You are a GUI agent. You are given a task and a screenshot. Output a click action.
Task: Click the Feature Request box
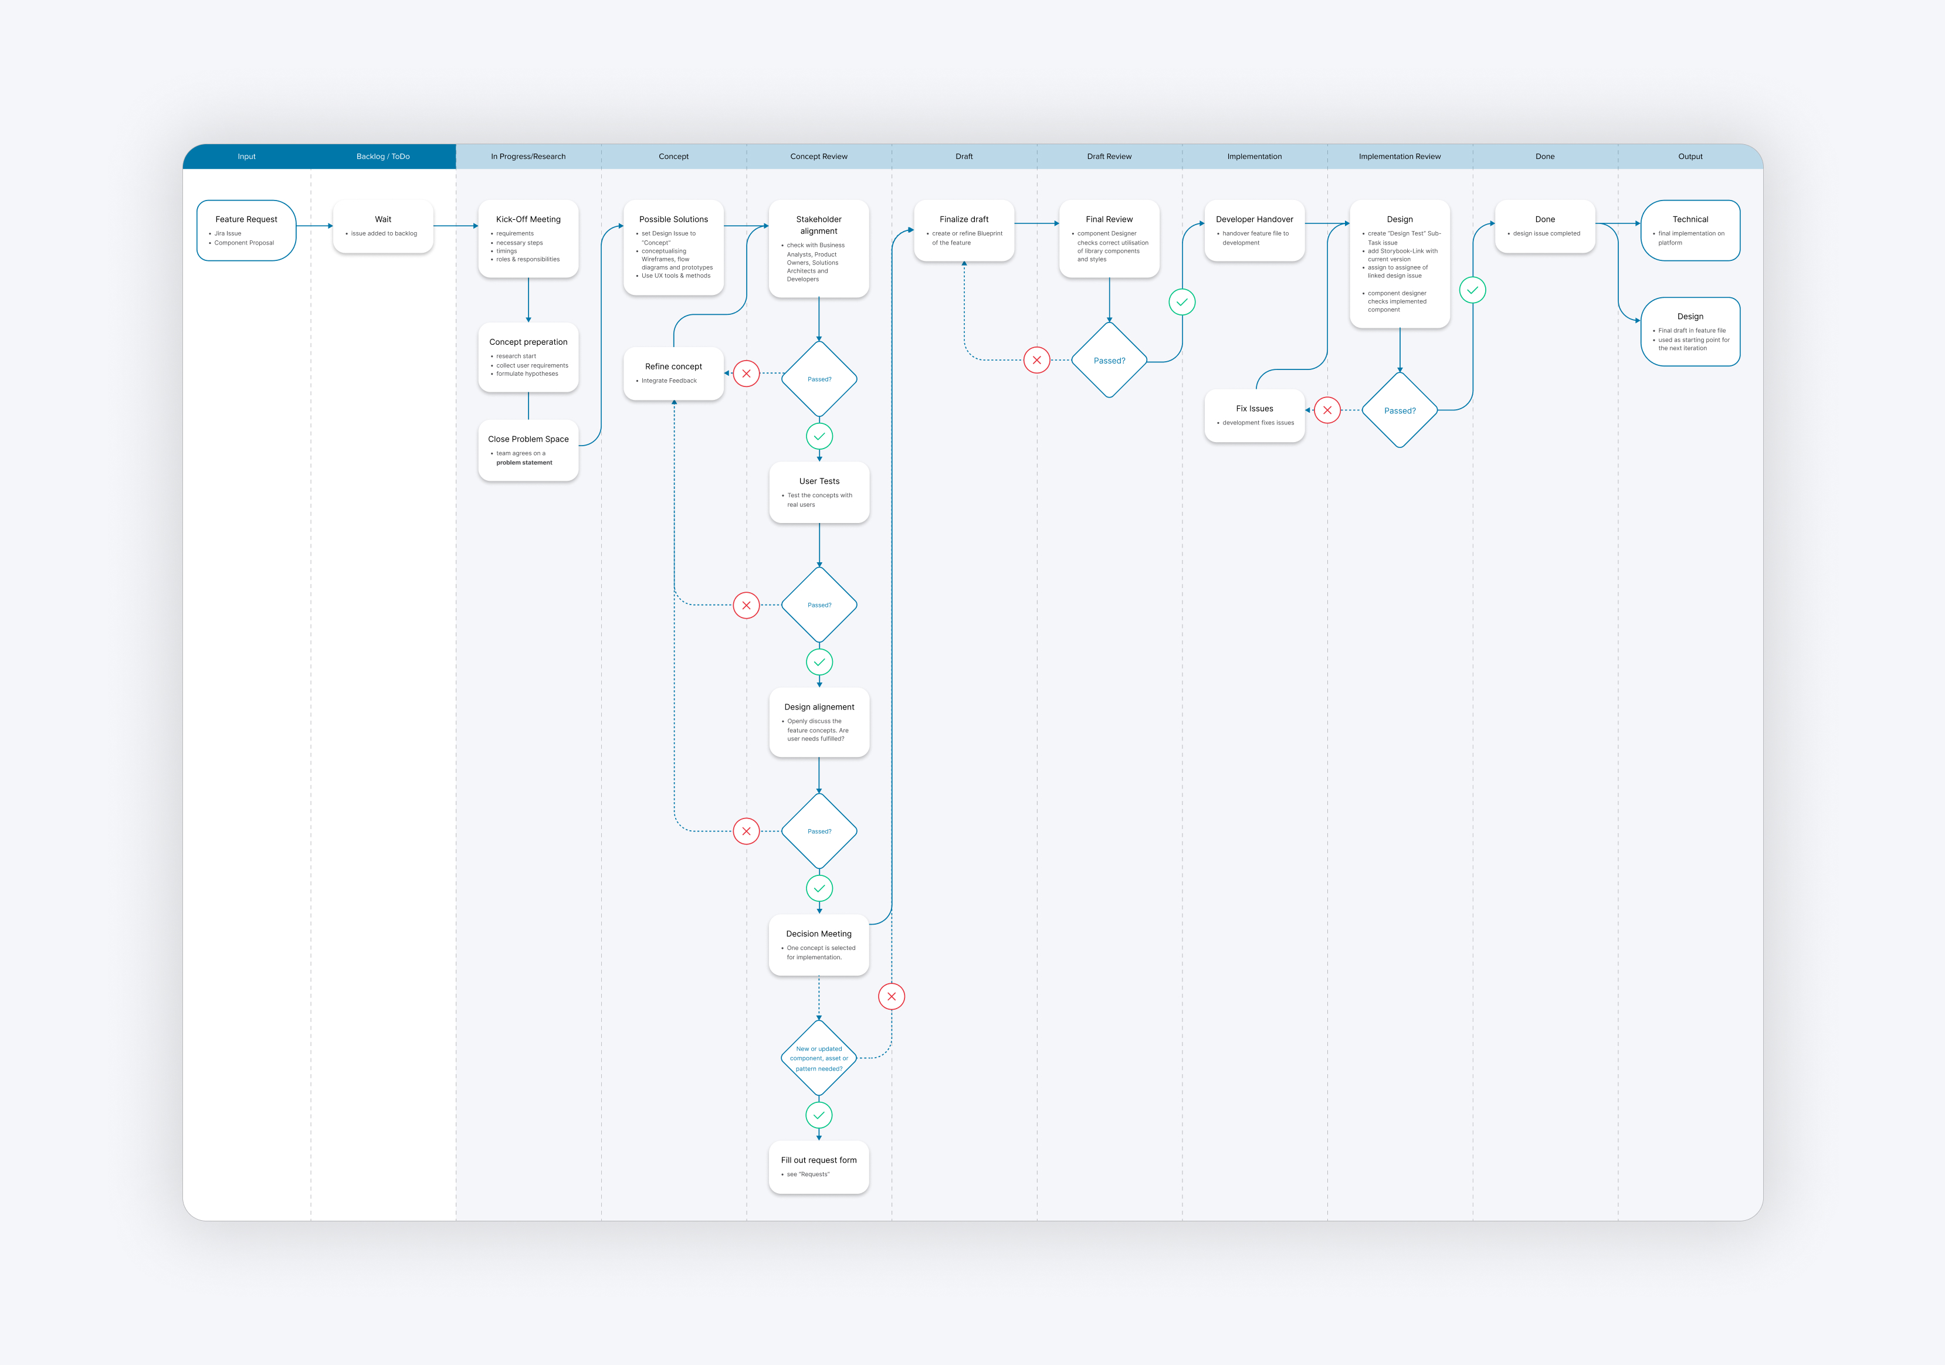tap(246, 230)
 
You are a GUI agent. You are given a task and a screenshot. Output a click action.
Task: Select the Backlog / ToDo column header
tap(383, 157)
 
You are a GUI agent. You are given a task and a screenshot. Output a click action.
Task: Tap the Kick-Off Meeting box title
tap(528, 219)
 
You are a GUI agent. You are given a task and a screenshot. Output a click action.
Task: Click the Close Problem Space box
tap(528, 450)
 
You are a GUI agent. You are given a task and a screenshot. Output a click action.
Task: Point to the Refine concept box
tap(673, 373)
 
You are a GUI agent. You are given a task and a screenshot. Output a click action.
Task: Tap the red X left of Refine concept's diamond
tap(746, 373)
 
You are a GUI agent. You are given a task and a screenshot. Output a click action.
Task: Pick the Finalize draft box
tap(964, 230)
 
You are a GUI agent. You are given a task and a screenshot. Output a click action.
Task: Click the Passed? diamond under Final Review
tap(1109, 361)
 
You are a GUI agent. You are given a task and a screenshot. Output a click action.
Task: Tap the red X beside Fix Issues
tap(1327, 410)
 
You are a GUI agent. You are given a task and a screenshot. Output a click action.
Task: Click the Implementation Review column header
tap(1400, 157)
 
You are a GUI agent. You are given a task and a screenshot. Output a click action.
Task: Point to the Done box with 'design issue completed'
tap(1545, 226)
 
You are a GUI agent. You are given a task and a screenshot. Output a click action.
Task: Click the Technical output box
tap(1690, 230)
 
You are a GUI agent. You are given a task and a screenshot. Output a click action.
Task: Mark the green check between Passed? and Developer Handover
tap(1182, 303)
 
